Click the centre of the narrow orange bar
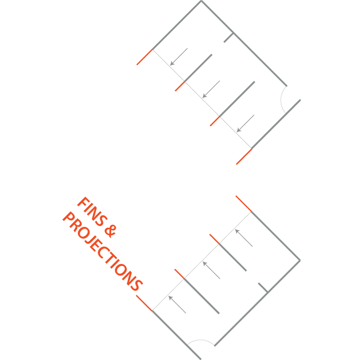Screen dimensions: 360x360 (x=276, y=165)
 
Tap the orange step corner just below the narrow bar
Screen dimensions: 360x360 (x=252, y=211)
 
